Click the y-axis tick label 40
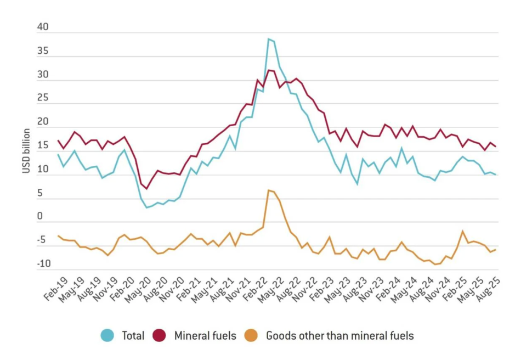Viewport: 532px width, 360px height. (x=43, y=27)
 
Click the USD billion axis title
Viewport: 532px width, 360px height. (x=26, y=151)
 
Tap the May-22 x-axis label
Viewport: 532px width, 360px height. (x=268, y=290)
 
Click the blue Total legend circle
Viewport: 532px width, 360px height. (x=107, y=335)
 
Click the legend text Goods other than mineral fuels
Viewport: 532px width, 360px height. (x=339, y=335)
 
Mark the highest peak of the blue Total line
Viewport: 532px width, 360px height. (x=268, y=39)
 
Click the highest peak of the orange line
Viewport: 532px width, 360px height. (x=268, y=190)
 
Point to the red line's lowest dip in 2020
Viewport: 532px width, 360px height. (x=146, y=189)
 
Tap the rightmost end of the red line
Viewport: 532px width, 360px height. (x=496, y=147)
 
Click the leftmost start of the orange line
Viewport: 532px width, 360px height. (x=58, y=236)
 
